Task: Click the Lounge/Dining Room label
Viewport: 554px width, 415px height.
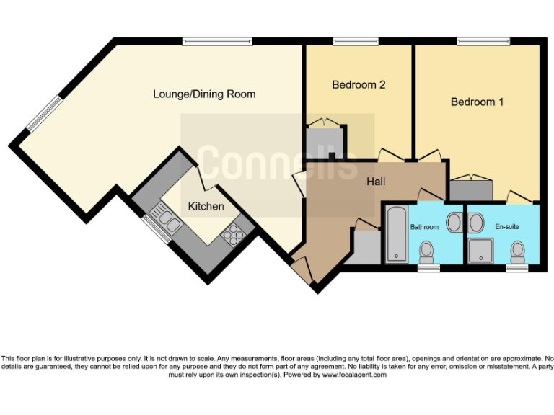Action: pyautogui.click(x=204, y=94)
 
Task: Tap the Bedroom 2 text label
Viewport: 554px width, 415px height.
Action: pyautogui.click(x=359, y=85)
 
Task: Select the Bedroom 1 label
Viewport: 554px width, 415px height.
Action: pyautogui.click(x=477, y=102)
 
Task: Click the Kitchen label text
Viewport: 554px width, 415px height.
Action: pyautogui.click(x=206, y=207)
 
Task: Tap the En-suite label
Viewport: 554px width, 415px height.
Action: pyautogui.click(x=506, y=227)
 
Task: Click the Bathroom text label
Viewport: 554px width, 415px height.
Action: pyautogui.click(x=424, y=227)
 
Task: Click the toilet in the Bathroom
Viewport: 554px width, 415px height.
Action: pyautogui.click(x=427, y=252)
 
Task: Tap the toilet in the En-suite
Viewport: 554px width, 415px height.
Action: pyautogui.click(x=517, y=252)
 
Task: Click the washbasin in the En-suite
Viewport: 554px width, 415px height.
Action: pyautogui.click(x=475, y=222)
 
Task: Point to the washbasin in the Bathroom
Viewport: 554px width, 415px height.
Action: pyautogui.click(x=454, y=222)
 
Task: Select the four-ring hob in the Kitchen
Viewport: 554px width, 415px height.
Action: pyautogui.click(x=233, y=233)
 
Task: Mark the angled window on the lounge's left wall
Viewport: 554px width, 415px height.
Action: pyautogui.click(x=44, y=115)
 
